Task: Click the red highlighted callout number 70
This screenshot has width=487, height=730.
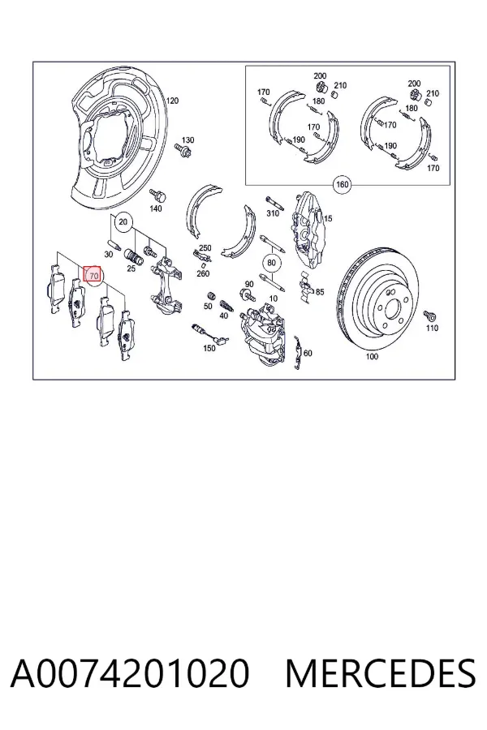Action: click(x=92, y=275)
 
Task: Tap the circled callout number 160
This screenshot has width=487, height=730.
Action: click(x=342, y=184)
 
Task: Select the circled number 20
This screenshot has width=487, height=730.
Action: click(x=123, y=221)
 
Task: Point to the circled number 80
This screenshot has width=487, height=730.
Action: click(x=272, y=263)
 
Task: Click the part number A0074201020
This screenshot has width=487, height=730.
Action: click(x=130, y=673)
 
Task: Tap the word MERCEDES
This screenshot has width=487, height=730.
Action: click(x=381, y=673)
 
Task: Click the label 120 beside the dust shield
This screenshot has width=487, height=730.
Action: click(x=172, y=101)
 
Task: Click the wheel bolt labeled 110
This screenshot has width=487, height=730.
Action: click(x=429, y=316)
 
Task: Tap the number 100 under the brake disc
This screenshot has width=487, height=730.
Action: click(x=372, y=357)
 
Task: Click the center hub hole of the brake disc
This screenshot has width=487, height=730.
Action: click(x=391, y=309)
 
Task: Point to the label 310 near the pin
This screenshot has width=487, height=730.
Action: click(x=272, y=213)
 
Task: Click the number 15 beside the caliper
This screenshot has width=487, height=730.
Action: click(x=328, y=218)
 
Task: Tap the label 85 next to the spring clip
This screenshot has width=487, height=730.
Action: click(x=320, y=292)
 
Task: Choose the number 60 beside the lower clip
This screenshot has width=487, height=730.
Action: click(x=308, y=353)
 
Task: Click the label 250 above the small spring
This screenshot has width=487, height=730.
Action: click(x=205, y=248)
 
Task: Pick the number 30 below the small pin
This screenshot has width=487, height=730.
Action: click(x=109, y=254)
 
